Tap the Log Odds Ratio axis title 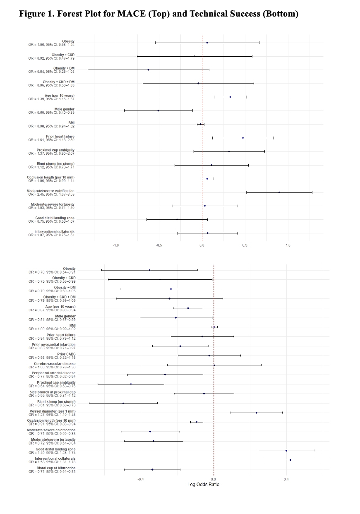click(x=214, y=485)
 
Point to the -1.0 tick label click(x=116, y=245)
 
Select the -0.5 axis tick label click(x=159, y=245)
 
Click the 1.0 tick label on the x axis click(x=288, y=245)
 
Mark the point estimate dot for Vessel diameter click(x=257, y=413)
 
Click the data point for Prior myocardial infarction click(x=180, y=346)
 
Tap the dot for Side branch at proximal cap click(x=204, y=394)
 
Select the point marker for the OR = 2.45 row click(x=279, y=192)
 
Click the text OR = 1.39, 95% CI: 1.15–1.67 click(x=51, y=99)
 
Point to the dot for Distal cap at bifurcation click(x=152, y=469)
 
